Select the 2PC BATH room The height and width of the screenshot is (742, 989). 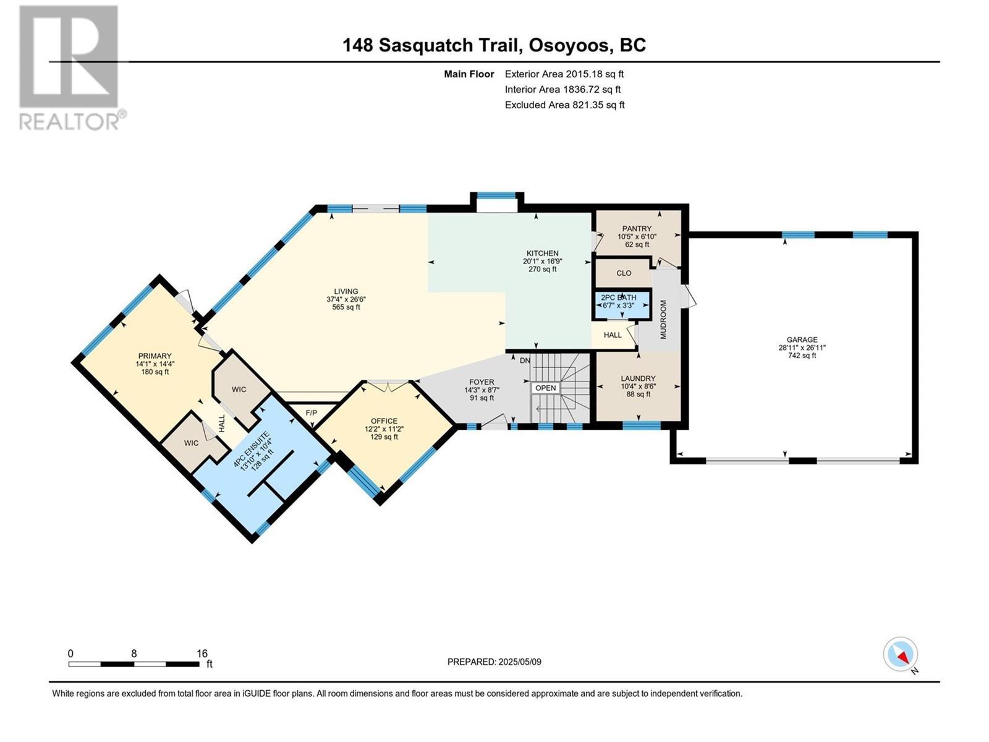point(619,301)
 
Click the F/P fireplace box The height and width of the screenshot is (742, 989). point(312,412)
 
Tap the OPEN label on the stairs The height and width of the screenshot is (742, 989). point(545,388)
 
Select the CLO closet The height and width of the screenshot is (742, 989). point(624,273)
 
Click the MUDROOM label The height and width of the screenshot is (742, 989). point(663,319)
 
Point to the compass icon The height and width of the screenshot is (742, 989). point(900,654)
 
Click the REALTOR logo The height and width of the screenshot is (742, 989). point(70,68)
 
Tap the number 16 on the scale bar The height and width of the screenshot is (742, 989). point(202,654)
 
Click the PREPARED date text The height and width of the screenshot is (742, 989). point(494,662)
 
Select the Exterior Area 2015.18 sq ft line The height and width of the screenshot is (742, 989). point(564,74)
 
